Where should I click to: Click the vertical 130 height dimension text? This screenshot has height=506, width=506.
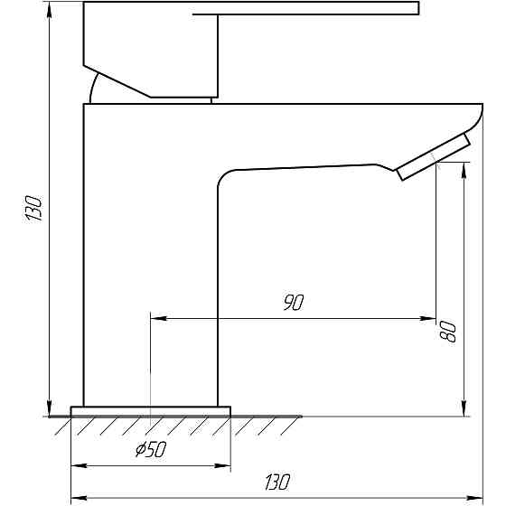34,209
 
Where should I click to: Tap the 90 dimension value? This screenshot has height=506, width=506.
292,304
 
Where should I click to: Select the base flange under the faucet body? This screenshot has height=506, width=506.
150,411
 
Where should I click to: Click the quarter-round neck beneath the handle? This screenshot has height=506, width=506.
94,89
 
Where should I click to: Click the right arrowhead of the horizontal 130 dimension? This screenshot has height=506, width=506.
477,497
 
